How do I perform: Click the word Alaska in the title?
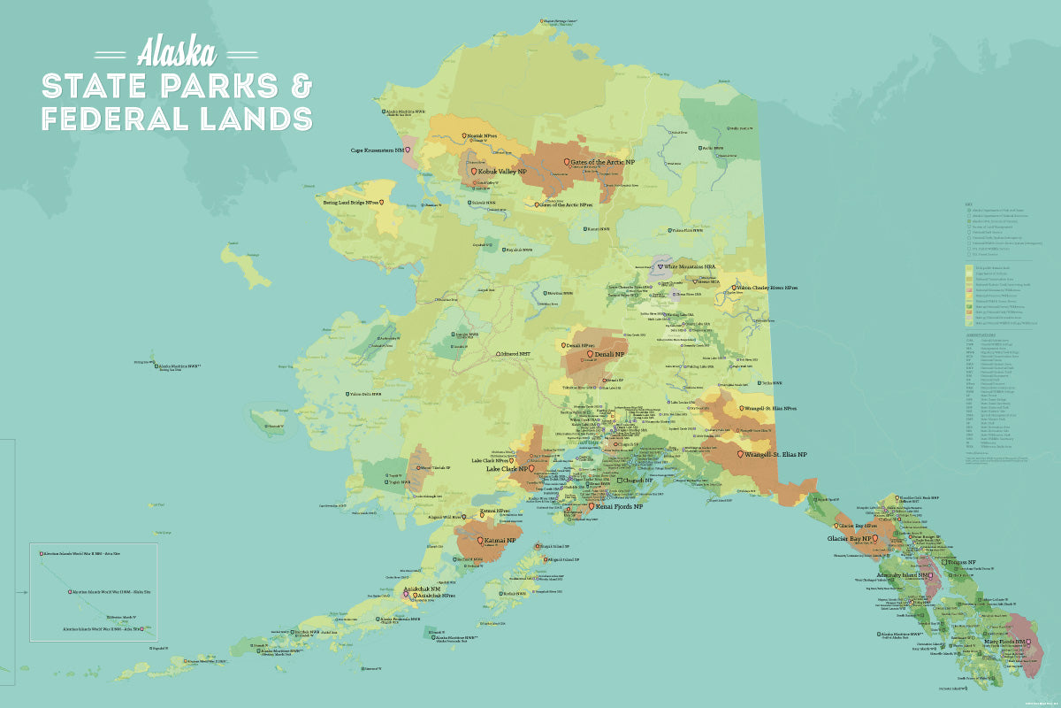(x=177, y=52)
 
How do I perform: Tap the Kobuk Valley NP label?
(x=503, y=171)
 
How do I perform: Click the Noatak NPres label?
(x=482, y=136)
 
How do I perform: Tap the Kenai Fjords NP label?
(x=619, y=507)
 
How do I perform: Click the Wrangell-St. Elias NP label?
(x=775, y=454)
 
